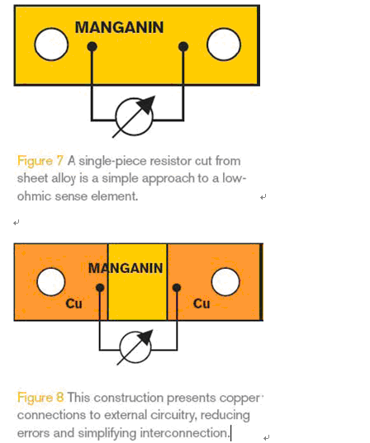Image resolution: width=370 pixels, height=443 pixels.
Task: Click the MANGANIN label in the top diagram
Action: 119,27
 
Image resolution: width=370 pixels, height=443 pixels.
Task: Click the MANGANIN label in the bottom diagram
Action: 126,268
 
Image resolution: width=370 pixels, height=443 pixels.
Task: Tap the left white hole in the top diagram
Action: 51,44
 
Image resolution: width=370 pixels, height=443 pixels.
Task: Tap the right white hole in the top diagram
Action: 224,44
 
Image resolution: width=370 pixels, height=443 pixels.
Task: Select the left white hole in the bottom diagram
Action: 51,281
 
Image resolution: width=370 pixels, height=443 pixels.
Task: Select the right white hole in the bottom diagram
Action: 225,281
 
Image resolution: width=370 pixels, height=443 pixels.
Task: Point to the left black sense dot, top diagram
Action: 92,47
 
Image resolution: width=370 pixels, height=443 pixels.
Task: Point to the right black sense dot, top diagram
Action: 183,47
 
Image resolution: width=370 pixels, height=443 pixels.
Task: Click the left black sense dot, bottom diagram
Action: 100,288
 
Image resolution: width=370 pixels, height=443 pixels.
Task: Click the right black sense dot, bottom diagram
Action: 177,288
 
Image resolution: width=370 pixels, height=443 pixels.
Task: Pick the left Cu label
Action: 74,304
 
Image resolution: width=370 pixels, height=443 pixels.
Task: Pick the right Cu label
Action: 202,304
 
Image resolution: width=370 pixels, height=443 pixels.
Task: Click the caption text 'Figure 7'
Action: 40,161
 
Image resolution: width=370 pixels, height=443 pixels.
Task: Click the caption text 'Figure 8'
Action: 40,398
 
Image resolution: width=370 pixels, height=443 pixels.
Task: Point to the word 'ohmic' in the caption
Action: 34,196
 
